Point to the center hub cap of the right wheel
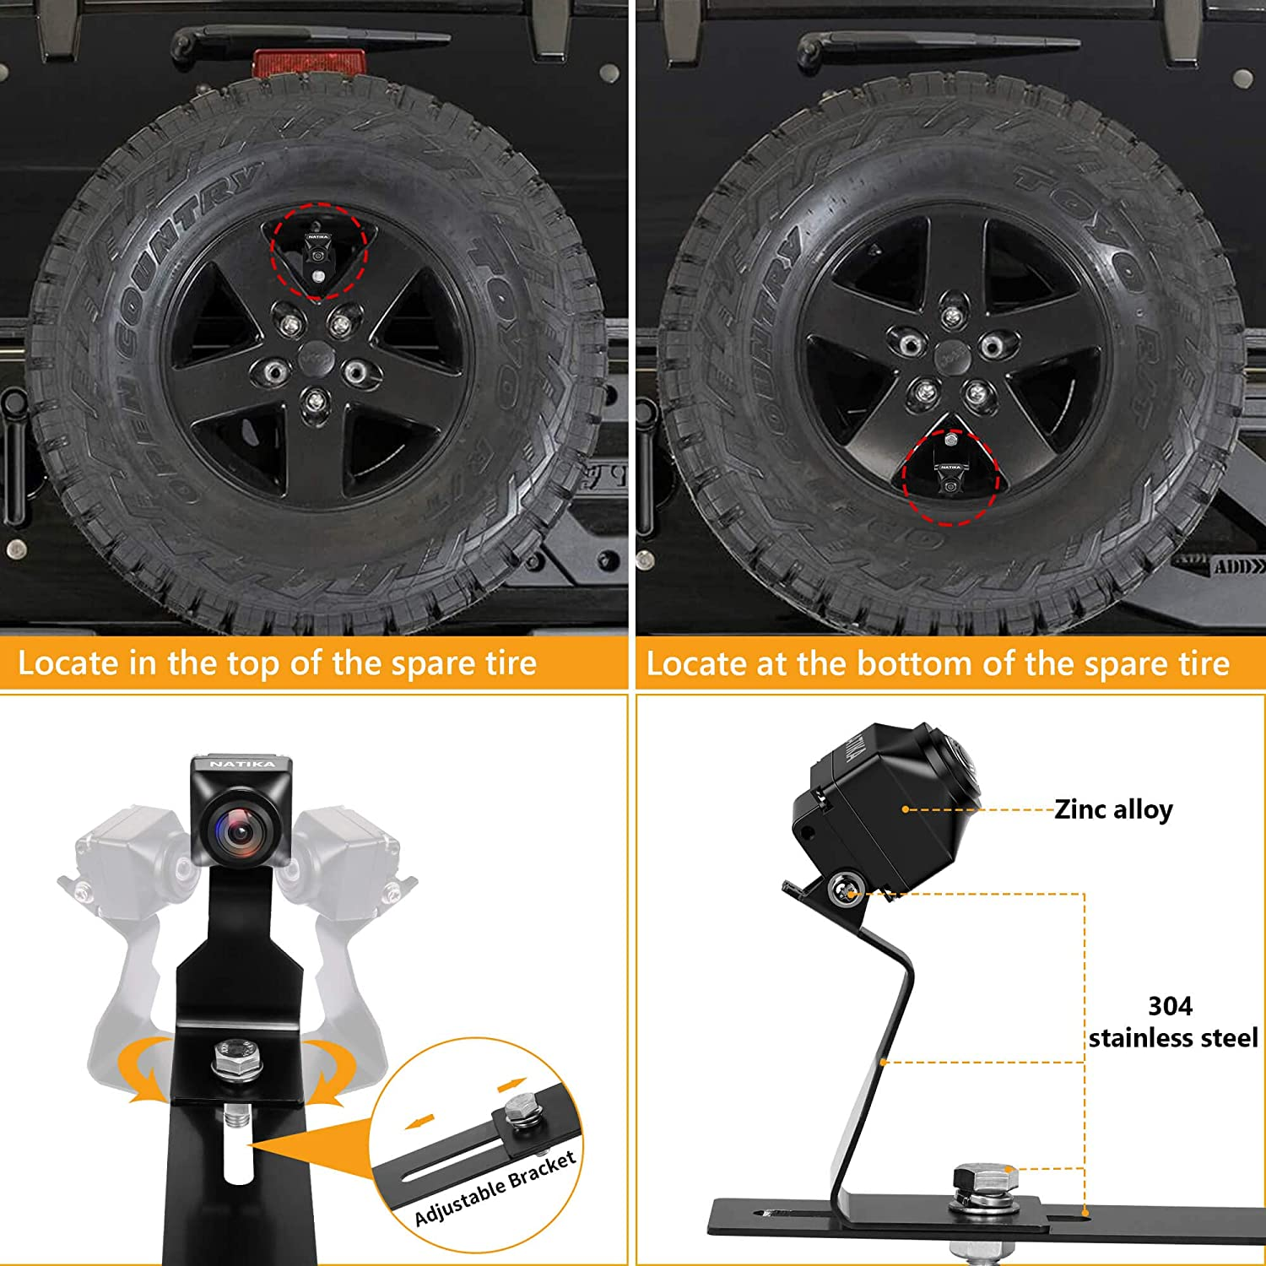click(953, 356)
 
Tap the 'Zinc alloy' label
click(1113, 809)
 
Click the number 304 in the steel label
click(1170, 1006)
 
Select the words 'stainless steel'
click(1172, 1037)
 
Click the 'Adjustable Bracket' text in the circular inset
click(495, 1188)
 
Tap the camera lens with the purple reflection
click(240, 831)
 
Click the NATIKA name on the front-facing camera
click(242, 764)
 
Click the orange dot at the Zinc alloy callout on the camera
click(906, 809)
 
